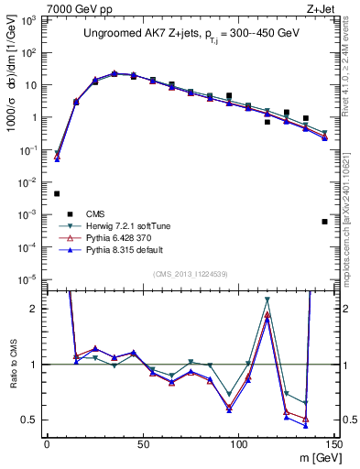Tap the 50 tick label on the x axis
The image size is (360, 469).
pyautogui.click(x=143, y=443)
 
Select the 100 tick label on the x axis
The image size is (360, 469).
pyautogui.click(x=238, y=443)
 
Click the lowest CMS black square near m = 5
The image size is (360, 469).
pyautogui.click(x=57, y=193)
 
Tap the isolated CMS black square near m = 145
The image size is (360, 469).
pyautogui.click(x=324, y=222)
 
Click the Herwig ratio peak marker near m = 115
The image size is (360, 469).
pyautogui.click(x=267, y=300)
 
